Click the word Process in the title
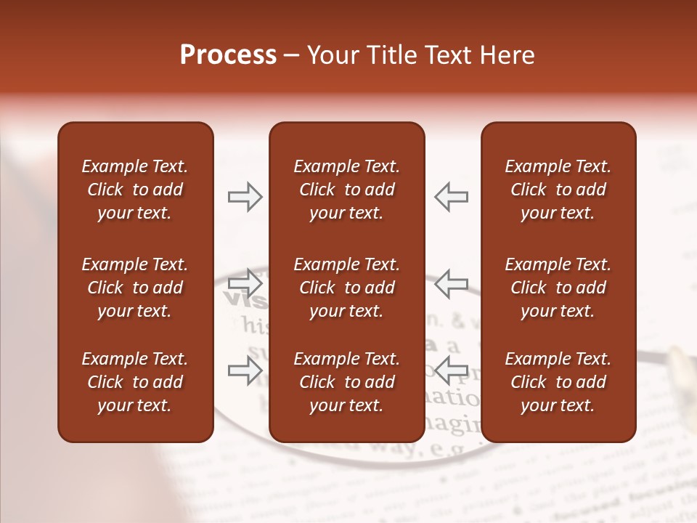pyautogui.click(x=228, y=55)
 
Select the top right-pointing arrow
pyautogui.click(x=245, y=197)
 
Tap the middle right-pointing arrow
pyautogui.click(x=245, y=282)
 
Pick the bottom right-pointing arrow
pyautogui.click(x=245, y=370)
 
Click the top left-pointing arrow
pyautogui.click(x=451, y=197)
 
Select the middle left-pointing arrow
pyautogui.click(x=451, y=283)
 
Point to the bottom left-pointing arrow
pyautogui.click(x=451, y=369)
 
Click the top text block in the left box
pyautogui.click(x=135, y=190)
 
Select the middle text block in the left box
pyautogui.click(x=135, y=288)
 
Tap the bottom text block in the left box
pyautogui.click(x=135, y=382)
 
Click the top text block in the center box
pyautogui.click(x=346, y=190)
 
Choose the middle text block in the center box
pyautogui.click(x=346, y=288)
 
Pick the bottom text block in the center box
pyautogui.click(x=346, y=382)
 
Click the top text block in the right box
pyautogui.click(x=558, y=190)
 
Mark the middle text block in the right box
pyautogui.click(x=558, y=288)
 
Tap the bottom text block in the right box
pyautogui.click(x=558, y=382)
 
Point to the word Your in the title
pyautogui.click(x=331, y=55)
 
